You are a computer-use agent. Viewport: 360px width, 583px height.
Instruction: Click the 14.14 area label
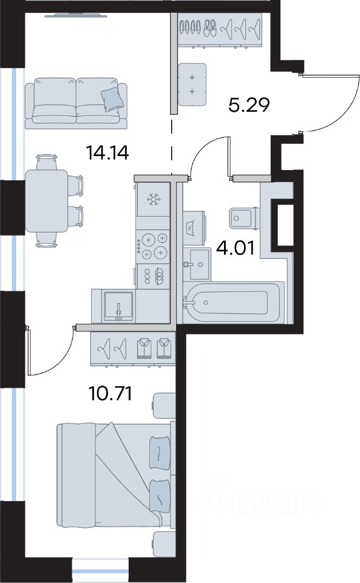tap(107, 153)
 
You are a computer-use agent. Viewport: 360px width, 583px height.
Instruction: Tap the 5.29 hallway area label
tap(248, 106)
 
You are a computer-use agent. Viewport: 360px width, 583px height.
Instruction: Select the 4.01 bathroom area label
tap(236, 248)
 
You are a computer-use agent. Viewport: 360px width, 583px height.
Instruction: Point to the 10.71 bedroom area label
tap(110, 394)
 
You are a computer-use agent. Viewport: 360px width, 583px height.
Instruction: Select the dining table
tap(46, 201)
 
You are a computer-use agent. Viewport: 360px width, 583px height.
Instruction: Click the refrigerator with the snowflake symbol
tap(153, 200)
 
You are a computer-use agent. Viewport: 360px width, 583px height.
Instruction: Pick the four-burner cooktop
tap(153, 247)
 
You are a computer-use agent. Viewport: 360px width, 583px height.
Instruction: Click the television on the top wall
tap(76, 15)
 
